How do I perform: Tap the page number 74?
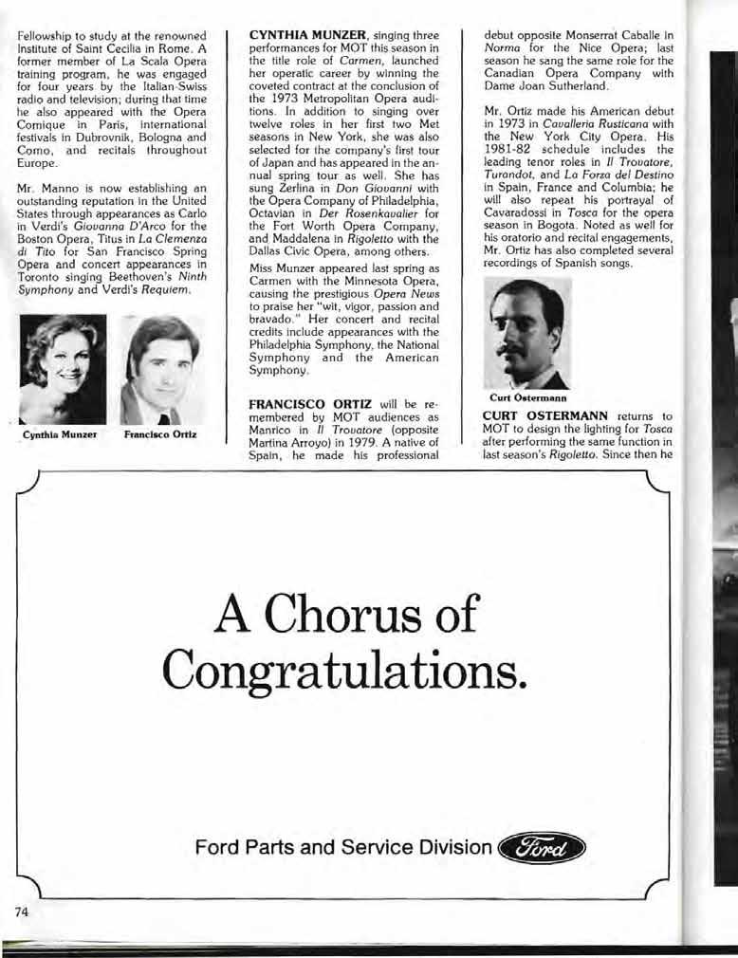click(x=25, y=911)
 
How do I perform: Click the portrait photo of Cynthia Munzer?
click(x=63, y=369)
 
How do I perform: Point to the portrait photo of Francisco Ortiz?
click(x=159, y=370)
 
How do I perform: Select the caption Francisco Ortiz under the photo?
click(x=159, y=437)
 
